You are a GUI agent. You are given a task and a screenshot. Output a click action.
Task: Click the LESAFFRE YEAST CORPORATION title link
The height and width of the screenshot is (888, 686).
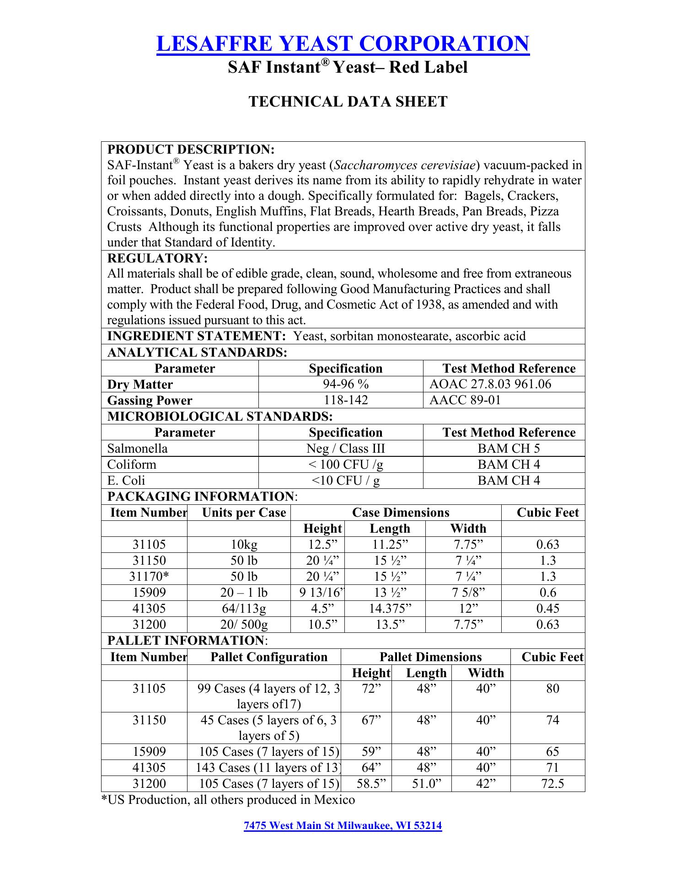[343, 44]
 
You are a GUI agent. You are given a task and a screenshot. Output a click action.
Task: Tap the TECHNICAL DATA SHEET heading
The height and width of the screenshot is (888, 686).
[348, 102]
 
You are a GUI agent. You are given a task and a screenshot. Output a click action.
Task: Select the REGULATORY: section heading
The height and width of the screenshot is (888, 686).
[157, 258]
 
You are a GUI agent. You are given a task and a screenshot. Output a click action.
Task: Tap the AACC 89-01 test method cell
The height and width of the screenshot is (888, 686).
[465, 400]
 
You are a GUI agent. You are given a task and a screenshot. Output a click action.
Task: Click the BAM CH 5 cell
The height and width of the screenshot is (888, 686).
[509, 448]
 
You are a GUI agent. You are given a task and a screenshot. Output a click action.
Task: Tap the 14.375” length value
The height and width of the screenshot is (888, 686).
[390, 609]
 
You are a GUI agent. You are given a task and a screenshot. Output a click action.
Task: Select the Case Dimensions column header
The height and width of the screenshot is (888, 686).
[401, 513]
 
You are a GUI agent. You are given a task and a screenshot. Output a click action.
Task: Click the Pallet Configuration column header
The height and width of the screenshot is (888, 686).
[269, 657]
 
